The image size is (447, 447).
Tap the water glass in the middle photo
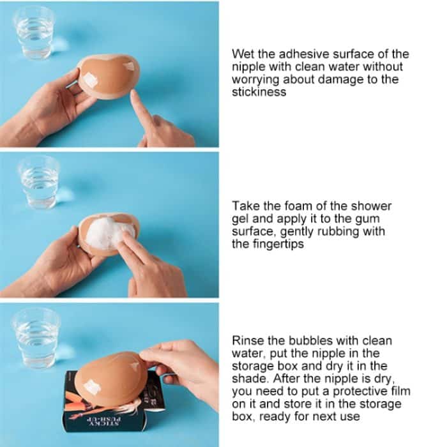pyautogui.click(x=39, y=183)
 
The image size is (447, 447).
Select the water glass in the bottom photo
pyautogui.click(x=36, y=338)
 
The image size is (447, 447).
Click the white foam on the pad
pyautogui.click(x=109, y=234)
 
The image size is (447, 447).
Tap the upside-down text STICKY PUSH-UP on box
pyautogui.click(x=103, y=421)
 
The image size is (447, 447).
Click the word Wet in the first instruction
pyautogui.click(x=243, y=54)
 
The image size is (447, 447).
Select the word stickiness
pyautogui.click(x=259, y=92)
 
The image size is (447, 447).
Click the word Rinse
pyautogui.click(x=248, y=340)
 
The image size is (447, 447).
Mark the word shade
pyautogui.click(x=250, y=379)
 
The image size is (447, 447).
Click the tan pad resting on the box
pyautogui.click(x=110, y=378)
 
